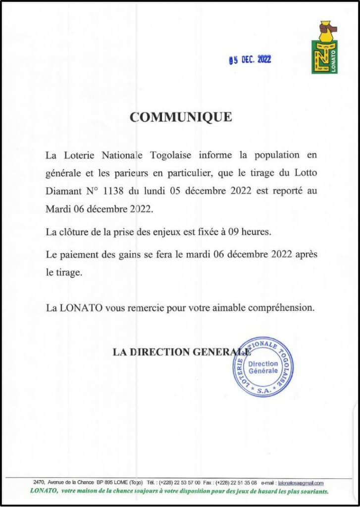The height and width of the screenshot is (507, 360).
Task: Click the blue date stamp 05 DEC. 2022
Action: pyautogui.click(x=250, y=60)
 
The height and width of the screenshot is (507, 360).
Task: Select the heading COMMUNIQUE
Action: pyautogui.click(x=180, y=117)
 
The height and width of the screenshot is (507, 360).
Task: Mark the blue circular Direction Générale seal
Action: pyautogui.click(x=263, y=367)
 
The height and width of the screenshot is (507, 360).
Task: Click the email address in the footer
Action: pyautogui.click(x=301, y=482)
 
